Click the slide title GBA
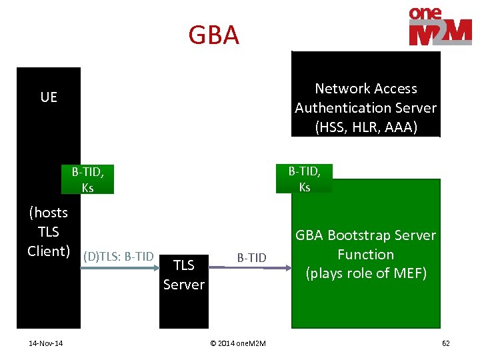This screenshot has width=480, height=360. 213,35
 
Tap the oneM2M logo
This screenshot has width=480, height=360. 440,27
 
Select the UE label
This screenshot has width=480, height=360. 49,97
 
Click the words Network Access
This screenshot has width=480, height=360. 365,89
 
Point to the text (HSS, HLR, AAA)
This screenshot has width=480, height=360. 365,127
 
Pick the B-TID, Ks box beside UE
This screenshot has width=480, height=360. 87,179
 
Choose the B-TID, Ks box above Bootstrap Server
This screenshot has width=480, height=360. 304,179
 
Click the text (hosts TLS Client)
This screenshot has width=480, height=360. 49,231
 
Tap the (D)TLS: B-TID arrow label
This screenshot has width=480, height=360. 119,256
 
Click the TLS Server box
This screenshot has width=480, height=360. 183,275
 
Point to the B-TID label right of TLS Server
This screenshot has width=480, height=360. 251,257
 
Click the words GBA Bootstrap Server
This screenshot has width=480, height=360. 365,235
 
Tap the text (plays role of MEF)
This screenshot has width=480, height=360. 365,273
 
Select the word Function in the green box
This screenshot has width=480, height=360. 365,255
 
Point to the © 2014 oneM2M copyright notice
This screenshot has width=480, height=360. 237,343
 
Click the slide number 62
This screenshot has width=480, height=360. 445,343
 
